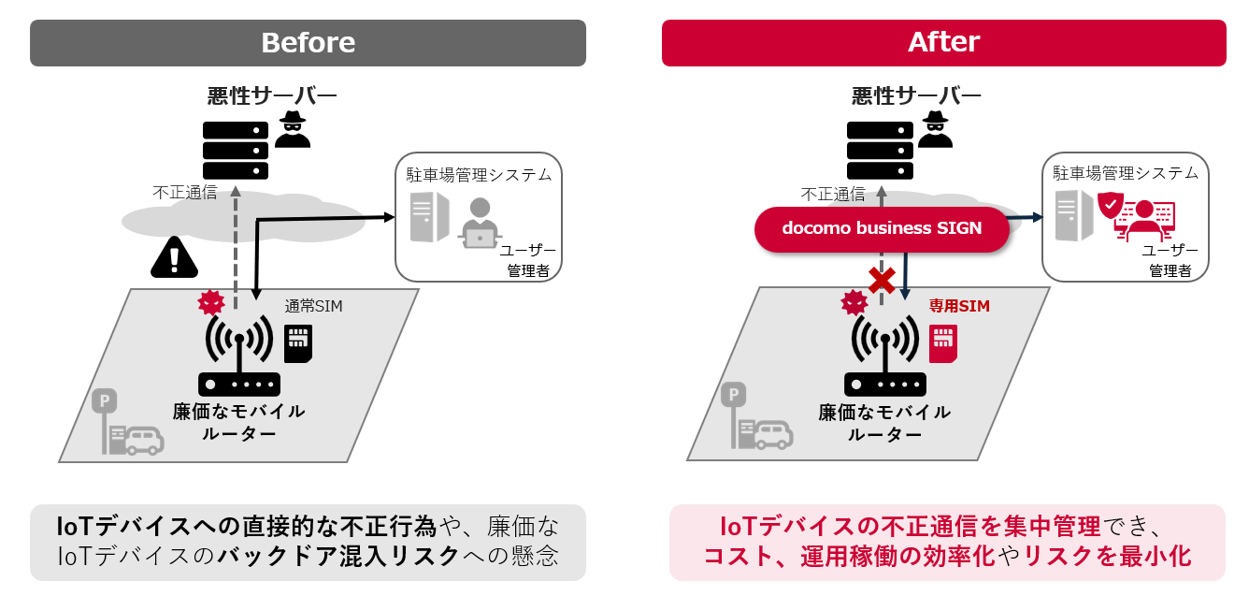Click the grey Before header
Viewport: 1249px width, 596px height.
(x=308, y=43)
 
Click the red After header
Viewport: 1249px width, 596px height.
(x=943, y=43)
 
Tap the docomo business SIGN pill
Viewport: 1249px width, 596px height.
(x=882, y=228)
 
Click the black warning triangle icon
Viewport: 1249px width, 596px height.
(x=173, y=257)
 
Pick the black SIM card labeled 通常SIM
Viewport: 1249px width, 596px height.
(x=297, y=343)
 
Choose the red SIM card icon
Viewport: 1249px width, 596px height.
(x=943, y=344)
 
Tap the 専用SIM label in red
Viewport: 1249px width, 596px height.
(x=958, y=305)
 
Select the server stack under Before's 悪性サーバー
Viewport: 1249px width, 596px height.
(x=236, y=150)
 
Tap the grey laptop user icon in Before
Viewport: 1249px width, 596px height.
(x=480, y=222)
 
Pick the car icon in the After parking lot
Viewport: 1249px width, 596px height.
(x=772, y=433)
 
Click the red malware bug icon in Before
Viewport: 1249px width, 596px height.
(x=211, y=303)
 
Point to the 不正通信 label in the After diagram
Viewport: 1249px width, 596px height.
(x=832, y=195)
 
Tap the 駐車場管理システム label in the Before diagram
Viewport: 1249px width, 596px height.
(x=479, y=174)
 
